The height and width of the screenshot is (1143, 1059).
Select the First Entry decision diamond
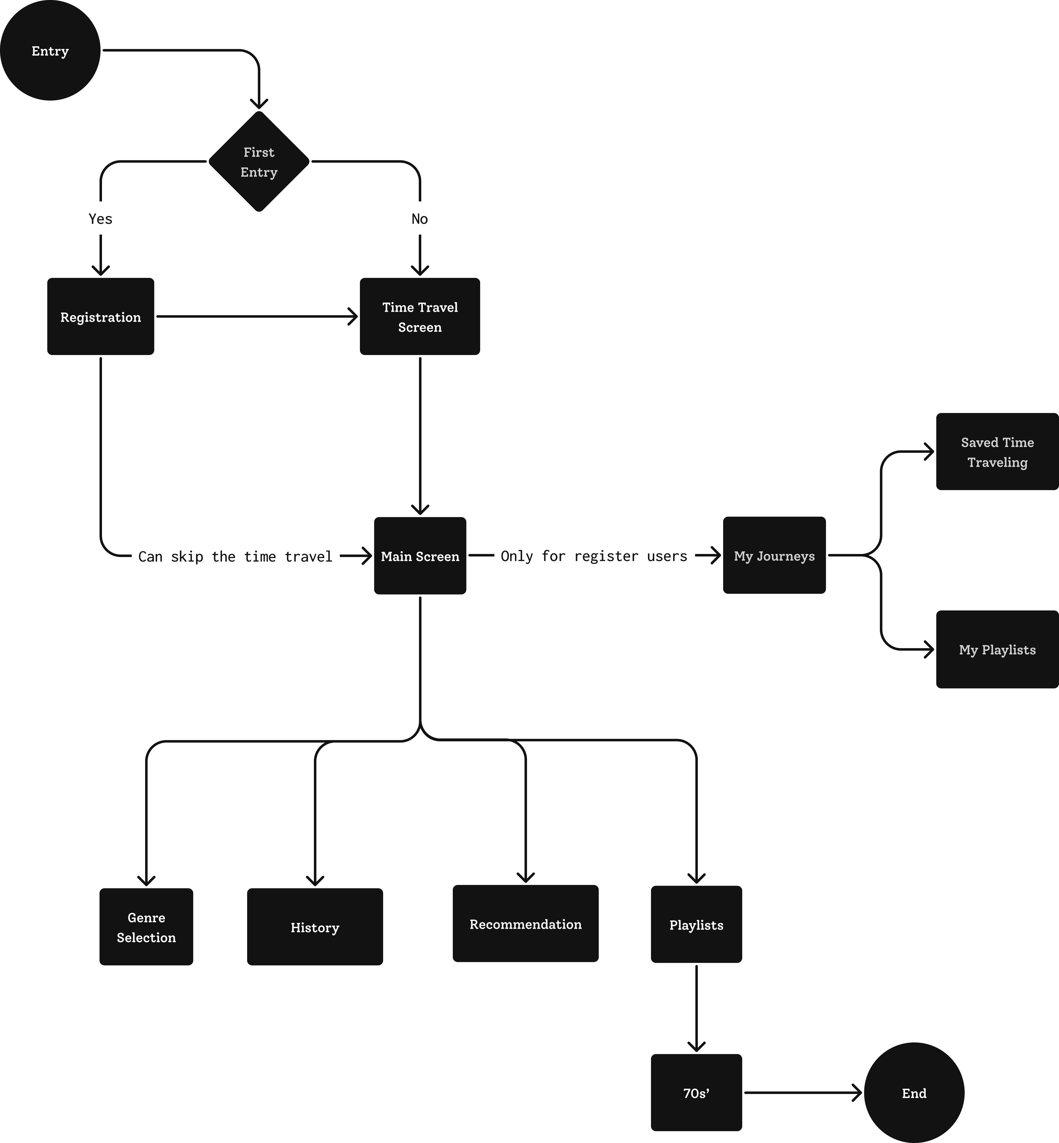coord(259,162)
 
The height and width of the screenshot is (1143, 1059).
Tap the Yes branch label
coord(100,219)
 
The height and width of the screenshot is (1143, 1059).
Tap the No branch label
coord(419,219)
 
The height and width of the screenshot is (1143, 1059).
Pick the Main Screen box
coord(419,556)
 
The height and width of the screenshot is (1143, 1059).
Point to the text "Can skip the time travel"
coord(235,556)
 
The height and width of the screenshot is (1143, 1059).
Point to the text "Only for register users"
coord(594,556)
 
